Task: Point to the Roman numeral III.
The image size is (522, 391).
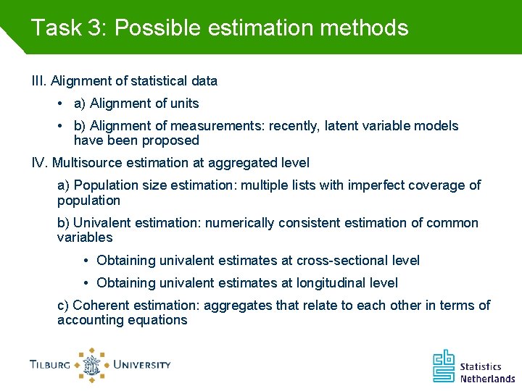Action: click(x=38, y=80)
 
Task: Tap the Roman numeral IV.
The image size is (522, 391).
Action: click(x=40, y=163)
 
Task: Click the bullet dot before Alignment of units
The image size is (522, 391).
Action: click(x=78, y=104)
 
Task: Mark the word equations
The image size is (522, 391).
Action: click(x=157, y=320)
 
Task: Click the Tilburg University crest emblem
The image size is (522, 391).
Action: click(x=91, y=365)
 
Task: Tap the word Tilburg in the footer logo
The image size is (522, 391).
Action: click(x=50, y=365)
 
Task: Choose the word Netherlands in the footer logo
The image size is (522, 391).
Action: click(x=487, y=378)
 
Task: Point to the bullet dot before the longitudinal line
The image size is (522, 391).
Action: click(x=86, y=283)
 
